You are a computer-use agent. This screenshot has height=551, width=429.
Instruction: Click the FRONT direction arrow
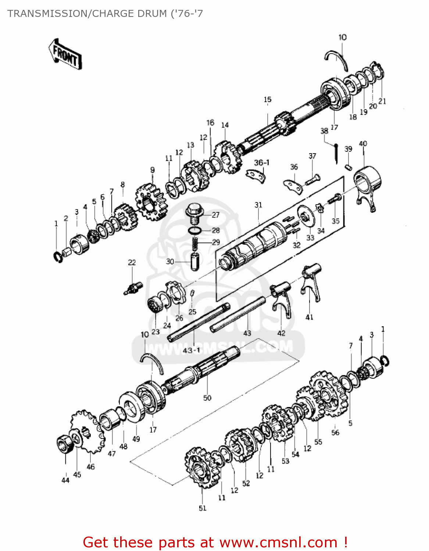65,54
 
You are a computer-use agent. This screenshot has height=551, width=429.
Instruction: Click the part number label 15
267,100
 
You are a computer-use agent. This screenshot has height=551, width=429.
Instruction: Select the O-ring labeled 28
194,230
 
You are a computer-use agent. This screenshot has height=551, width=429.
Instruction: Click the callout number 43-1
192,350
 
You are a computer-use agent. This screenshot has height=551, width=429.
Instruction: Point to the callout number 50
207,398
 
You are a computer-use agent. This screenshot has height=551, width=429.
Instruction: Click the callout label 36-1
261,162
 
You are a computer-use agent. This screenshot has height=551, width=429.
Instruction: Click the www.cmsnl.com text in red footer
278,542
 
